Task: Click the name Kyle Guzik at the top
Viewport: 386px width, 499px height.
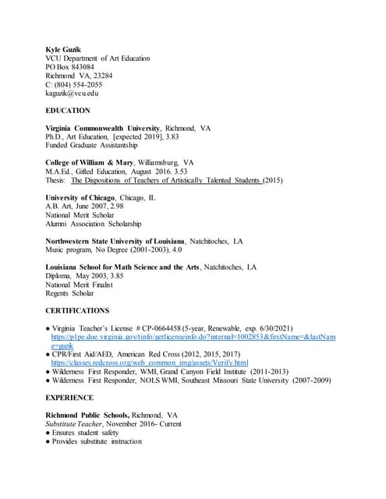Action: pyautogui.click(x=65, y=48)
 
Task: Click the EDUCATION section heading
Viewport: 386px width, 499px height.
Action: pyautogui.click(x=68, y=111)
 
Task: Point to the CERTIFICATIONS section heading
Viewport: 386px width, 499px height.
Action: pyautogui.click(x=77, y=310)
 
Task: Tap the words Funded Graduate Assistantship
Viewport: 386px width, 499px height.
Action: pyautogui.click(x=92, y=145)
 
